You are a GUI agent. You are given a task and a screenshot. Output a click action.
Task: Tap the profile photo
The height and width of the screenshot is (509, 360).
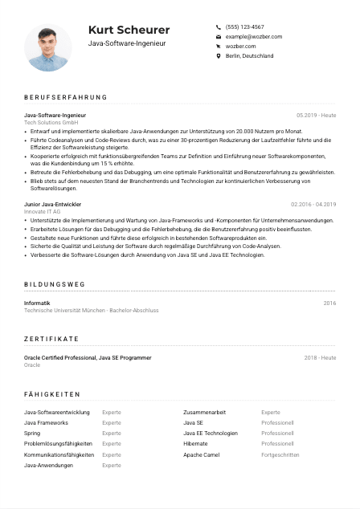tap(48, 47)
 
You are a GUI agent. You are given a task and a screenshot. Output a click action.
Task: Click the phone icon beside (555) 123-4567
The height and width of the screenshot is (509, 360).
tap(219, 26)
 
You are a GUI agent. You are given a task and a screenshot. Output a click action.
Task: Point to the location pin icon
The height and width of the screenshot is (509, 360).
tap(219, 56)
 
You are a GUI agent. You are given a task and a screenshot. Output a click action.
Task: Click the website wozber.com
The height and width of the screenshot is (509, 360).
tap(241, 47)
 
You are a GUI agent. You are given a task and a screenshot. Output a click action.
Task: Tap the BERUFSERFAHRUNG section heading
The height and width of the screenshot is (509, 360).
tap(65, 97)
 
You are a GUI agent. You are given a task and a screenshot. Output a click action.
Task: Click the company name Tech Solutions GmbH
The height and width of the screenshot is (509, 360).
tap(51, 122)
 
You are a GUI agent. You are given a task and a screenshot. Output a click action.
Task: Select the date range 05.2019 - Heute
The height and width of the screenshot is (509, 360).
tap(316, 116)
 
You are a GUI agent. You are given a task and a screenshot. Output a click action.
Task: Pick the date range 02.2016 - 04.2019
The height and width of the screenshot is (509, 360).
tap(313, 205)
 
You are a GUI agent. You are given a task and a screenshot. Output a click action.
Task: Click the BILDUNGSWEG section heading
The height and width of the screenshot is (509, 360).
tap(54, 284)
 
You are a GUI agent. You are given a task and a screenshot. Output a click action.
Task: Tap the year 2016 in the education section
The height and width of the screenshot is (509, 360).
tap(329, 303)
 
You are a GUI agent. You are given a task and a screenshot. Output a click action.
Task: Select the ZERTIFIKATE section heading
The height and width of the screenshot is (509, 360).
tap(51, 339)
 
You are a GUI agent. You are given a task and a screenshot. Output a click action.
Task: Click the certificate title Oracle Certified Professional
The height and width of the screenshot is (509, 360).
tap(88, 357)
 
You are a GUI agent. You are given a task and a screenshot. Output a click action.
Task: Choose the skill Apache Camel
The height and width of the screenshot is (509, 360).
tap(201, 454)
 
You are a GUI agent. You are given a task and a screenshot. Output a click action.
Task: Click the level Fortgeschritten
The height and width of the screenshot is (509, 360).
tap(280, 454)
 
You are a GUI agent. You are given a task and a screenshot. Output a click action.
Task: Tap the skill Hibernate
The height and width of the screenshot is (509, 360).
tap(195, 443)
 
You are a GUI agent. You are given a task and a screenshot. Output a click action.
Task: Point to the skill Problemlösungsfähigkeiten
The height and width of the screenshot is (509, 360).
tap(58, 443)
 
